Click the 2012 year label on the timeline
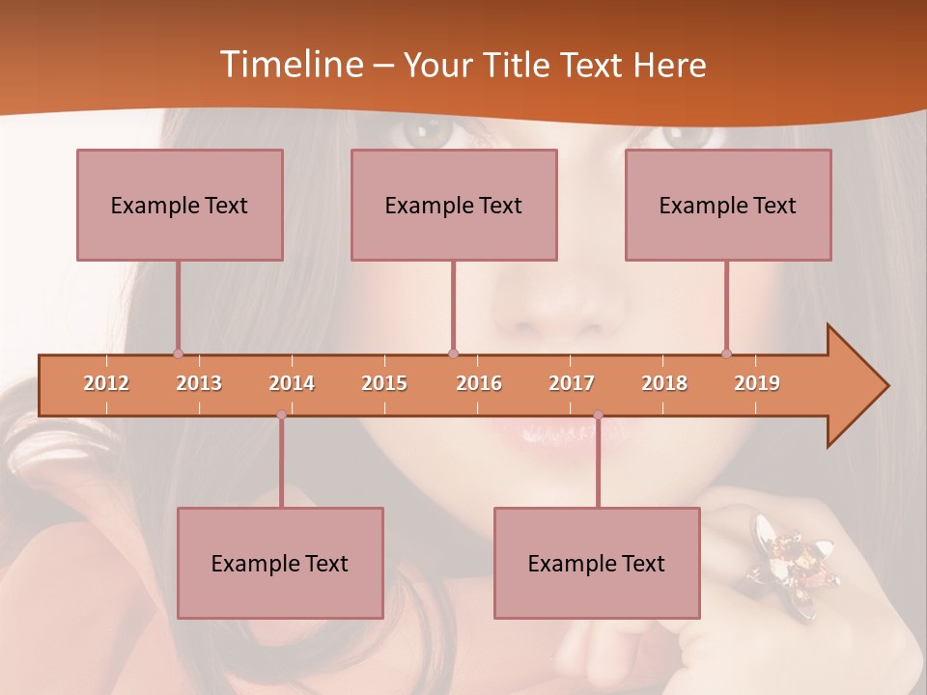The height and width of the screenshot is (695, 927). pyautogui.click(x=106, y=384)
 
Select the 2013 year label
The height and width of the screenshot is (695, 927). pyautogui.click(x=199, y=384)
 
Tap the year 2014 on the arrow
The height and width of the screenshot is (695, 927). pyautogui.click(x=292, y=384)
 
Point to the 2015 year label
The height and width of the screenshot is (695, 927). pyautogui.click(x=384, y=384)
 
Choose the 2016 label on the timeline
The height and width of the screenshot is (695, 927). pyautogui.click(x=479, y=384)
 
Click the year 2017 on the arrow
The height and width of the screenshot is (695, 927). pyautogui.click(x=572, y=384)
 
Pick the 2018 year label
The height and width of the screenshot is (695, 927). pyautogui.click(x=664, y=384)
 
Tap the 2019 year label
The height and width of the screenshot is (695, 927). pyautogui.click(x=757, y=384)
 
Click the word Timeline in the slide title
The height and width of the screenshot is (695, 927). pyautogui.click(x=291, y=65)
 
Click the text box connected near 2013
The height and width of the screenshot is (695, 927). pyautogui.click(x=180, y=205)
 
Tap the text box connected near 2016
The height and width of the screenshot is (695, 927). pyautogui.click(x=454, y=205)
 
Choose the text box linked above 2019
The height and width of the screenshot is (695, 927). pyautogui.click(x=728, y=205)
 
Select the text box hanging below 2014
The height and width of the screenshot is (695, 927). pyautogui.click(x=280, y=563)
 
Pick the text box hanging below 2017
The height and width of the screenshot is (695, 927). pyautogui.click(x=597, y=563)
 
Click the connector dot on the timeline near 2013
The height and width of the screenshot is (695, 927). pyautogui.click(x=178, y=354)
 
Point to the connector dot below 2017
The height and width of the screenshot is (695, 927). pyautogui.click(x=598, y=415)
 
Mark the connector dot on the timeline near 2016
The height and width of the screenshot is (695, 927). pyautogui.click(x=454, y=354)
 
